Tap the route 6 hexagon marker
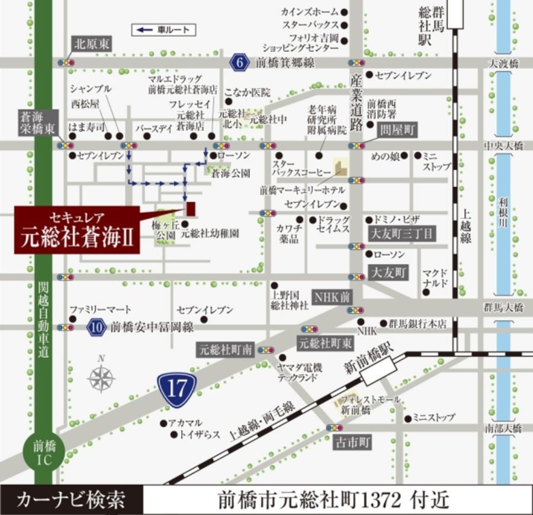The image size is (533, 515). coord(239,62)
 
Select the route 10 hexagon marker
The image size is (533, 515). coord(97,326)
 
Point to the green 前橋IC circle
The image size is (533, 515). coord(43,452)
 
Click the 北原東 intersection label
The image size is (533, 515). coord(92,43)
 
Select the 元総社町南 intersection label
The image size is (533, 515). coord(226,350)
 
